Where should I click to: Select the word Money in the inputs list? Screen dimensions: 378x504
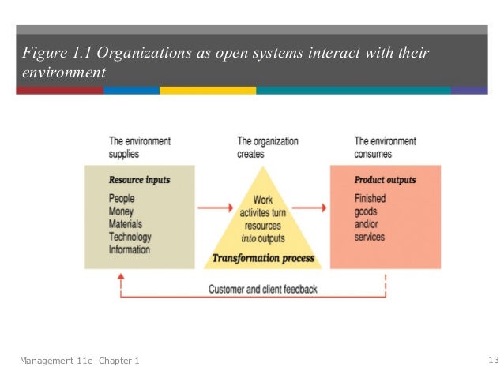coord(121,212)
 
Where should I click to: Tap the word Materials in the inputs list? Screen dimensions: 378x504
coord(126,225)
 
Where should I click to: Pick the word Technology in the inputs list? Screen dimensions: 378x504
coord(130,238)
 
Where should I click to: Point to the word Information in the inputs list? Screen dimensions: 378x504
coord(130,249)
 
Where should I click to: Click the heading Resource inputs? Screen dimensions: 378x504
coord(139,180)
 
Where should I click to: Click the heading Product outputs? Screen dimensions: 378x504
coord(385,180)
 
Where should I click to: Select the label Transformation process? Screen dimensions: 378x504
coord(262,258)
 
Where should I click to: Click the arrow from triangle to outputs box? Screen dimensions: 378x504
coord(314,208)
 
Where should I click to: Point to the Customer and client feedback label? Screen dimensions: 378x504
coord(262,290)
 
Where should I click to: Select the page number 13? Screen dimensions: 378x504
coord(494,361)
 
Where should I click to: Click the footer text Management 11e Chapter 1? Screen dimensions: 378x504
coord(80,361)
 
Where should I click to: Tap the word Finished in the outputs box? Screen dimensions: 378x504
coord(370,200)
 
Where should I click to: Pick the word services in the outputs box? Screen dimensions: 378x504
coord(370,238)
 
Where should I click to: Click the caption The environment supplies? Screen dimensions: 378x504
coord(139,148)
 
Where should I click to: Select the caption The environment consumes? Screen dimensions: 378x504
coord(385,148)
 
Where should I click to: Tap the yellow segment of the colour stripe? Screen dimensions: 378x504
coord(207,91)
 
